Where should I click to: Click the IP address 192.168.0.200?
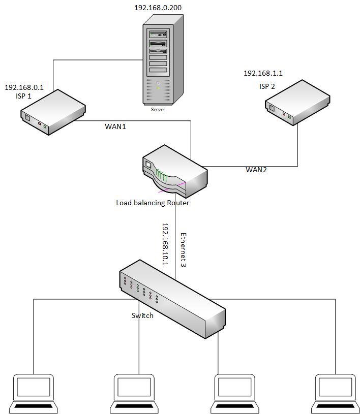point(158,8)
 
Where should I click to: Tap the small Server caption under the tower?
point(158,109)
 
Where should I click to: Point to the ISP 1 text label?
point(23,95)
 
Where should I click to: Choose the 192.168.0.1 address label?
point(24,87)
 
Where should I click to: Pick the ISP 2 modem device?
point(297,103)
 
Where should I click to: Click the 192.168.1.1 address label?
point(263,74)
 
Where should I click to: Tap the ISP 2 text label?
point(267,86)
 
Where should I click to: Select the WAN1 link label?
point(115,126)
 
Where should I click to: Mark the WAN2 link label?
point(256,170)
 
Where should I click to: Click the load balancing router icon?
point(174,171)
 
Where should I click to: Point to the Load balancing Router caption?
point(153,203)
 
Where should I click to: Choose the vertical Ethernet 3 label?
point(184,250)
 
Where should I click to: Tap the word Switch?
point(142,315)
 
